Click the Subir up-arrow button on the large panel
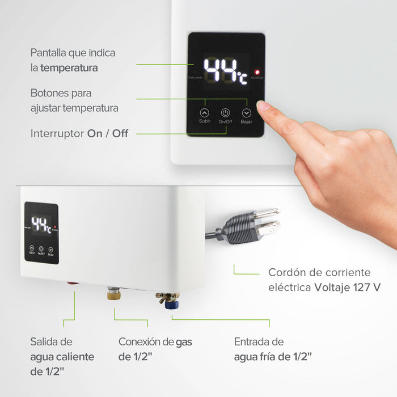[205, 112]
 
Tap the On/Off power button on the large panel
[225, 112]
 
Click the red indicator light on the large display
[257, 73]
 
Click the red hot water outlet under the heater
[73, 282]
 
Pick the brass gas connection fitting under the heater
[113, 294]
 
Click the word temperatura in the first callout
[69, 68]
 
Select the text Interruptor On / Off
[79, 134]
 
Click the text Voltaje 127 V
[347, 287]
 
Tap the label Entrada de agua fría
[272, 349]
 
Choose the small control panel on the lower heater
[41, 233]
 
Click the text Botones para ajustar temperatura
[74, 100]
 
